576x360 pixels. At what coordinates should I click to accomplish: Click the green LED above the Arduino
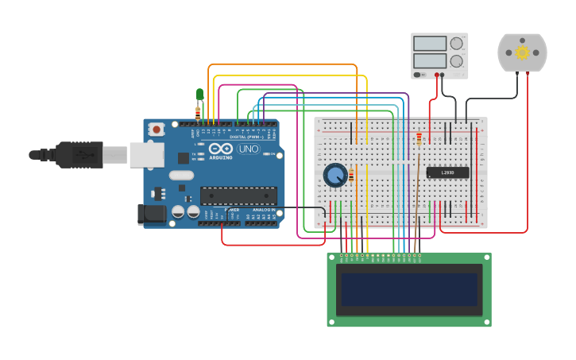[x=199, y=95]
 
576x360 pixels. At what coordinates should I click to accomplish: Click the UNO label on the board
[x=248, y=149]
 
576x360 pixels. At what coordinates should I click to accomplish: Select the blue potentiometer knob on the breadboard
[x=335, y=175]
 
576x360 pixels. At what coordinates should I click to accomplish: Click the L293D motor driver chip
[x=447, y=172]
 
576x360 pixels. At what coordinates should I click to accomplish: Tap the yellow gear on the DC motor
[x=522, y=52]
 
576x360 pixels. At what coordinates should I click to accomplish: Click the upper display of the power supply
[x=429, y=44]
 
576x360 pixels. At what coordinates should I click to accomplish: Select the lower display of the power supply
[x=429, y=60]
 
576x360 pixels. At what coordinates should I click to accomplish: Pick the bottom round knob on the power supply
[x=457, y=60]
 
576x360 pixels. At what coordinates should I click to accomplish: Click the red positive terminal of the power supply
[x=436, y=75]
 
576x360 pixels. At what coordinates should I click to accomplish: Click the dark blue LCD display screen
[x=409, y=289]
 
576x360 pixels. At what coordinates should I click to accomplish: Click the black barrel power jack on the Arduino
[x=151, y=214]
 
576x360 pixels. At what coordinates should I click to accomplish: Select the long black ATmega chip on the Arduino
[x=238, y=195]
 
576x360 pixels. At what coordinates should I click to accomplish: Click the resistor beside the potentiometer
[x=351, y=176]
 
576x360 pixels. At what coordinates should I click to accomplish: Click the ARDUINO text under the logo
[x=221, y=157]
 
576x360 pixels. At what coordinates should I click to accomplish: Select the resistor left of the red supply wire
[x=419, y=140]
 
